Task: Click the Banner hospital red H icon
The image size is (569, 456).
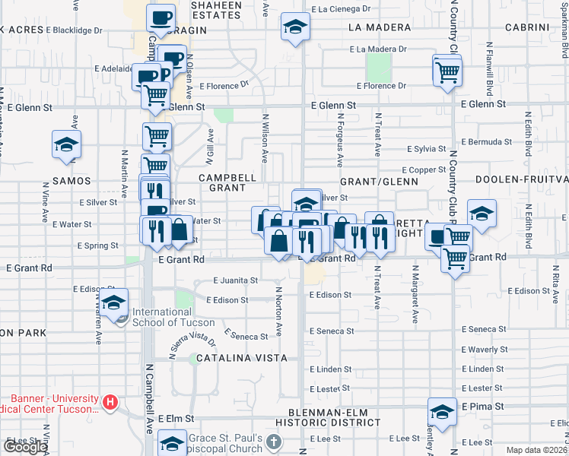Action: pos(110,401)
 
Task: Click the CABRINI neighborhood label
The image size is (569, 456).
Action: pos(525,27)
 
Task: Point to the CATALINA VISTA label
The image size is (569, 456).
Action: pos(241,358)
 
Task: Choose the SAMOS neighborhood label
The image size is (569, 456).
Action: pos(72,181)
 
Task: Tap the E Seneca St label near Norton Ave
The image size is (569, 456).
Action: pos(246,336)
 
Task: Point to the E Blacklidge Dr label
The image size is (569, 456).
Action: pos(74,30)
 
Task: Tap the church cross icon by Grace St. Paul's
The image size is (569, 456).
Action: pos(274,442)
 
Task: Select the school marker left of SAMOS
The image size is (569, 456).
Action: pos(66,144)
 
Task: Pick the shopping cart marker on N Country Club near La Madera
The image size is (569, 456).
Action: pos(447,71)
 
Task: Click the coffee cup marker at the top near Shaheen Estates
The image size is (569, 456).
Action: pos(161,17)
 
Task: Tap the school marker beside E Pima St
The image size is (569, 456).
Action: pos(441,411)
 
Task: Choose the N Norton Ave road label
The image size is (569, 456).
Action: pos(279,312)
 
